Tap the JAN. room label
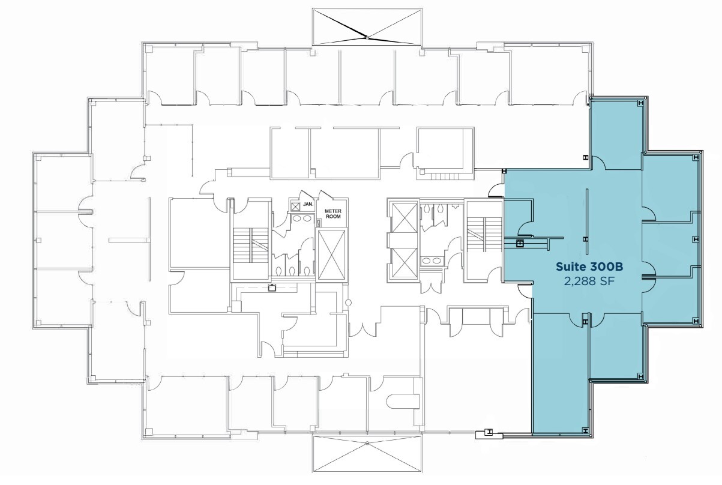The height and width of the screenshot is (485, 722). click(x=308, y=203)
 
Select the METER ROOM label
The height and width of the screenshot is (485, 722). click(x=332, y=215)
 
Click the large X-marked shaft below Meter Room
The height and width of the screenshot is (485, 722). click(x=332, y=254)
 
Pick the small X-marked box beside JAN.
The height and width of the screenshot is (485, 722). click(x=296, y=205)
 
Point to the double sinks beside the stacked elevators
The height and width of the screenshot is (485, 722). click(x=430, y=261)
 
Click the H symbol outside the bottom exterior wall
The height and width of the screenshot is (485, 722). click(x=490, y=432)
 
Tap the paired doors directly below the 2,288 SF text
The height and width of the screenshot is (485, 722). click(x=586, y=321)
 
